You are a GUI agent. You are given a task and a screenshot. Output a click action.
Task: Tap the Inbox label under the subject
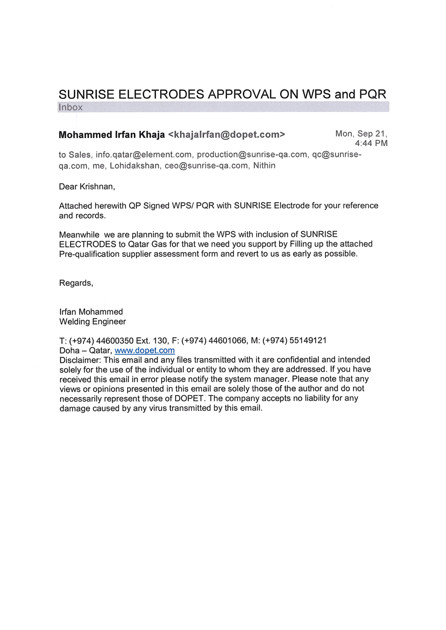pyautogui.click(x=70, y=107)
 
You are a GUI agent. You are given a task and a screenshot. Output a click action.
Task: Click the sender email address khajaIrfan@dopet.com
pyautogui.click(x=226, y=135)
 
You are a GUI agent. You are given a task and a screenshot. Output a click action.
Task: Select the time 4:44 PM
pyautogui.click(x=371, y=144)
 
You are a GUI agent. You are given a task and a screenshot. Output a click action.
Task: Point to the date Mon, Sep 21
pyautogui.click(x=361, y=134)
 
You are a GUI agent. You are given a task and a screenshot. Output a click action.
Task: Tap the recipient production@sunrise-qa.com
pyautogui.click(x=252, y=155)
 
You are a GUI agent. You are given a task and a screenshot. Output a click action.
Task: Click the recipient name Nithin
pyautogui.click(x=264, y=166)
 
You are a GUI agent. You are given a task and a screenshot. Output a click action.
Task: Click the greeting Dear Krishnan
pyautogui.click(x=87, y=187)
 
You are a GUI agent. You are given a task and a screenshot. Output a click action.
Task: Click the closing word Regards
pyautogui.click(x=76, y=283)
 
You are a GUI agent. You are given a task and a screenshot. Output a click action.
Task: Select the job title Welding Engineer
pyautogui.click(x=93, y=322)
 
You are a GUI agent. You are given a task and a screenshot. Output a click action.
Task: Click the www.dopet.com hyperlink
pyautogui.click(x=145, y=350)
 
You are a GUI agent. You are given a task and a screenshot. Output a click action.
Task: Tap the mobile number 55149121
pyautogui.click(x=308, y=341)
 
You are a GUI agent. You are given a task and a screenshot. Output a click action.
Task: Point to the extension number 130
pyautogui.click(x=160, y=341)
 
